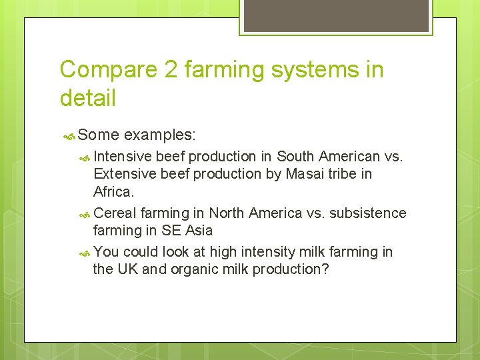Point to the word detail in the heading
pos(87,98)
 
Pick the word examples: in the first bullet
pos(160,135)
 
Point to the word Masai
pos(302,174)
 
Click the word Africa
pos(113,192)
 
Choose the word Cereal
pos(115,213)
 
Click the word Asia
pos(199,231)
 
